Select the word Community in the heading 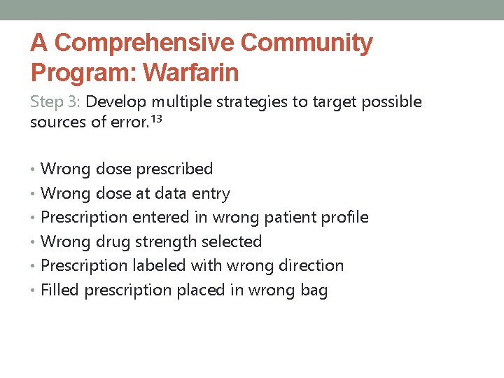(x=307, y=43)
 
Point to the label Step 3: (x=56, y=102)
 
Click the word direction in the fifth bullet (x=312, y=266)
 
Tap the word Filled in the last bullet (x=59, y=290)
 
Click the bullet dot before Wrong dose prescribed (x=34, y=169)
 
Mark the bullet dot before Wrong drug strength (x=34, y=242)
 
